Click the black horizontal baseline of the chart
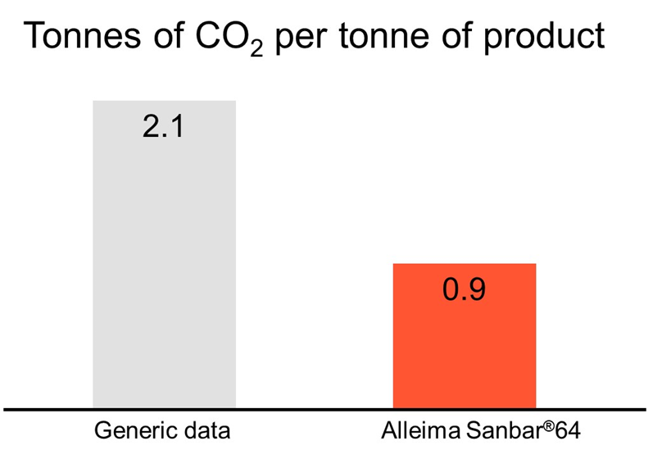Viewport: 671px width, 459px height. (x=328, y=408)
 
